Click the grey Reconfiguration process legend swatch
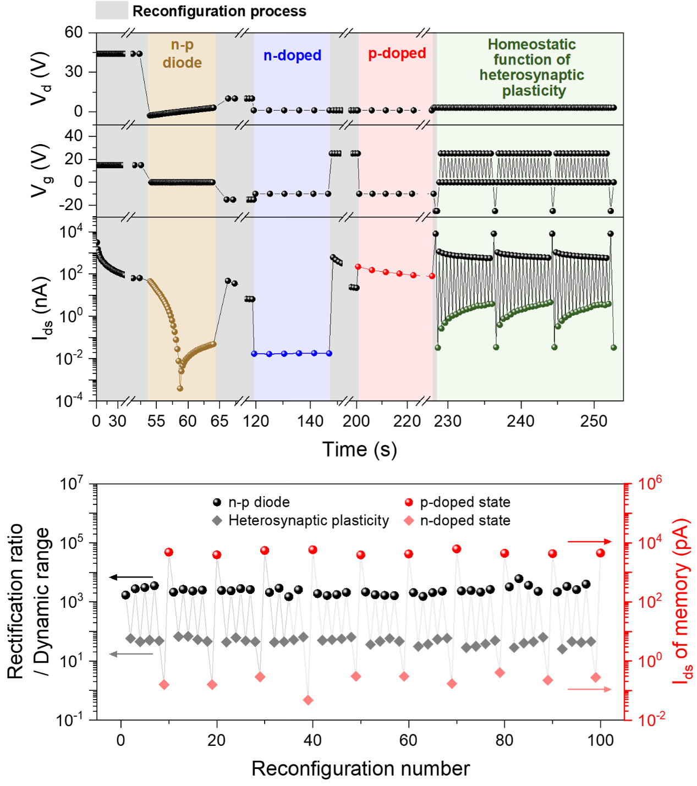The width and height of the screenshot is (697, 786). coord(112,10)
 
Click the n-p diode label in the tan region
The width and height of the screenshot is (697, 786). coord(182,54)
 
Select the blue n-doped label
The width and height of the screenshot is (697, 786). coord(292,56)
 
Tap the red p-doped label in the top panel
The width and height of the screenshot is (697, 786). coord(397,53)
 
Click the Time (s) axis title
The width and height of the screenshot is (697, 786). coord(359,449)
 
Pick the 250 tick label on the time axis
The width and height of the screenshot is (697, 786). coord(594,421)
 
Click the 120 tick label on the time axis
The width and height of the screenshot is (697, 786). coord(256,421)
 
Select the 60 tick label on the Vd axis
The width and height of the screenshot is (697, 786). coord(73,32)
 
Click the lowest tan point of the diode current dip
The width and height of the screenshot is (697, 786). coord(180,388)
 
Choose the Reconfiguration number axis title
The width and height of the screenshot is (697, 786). coord(360,768)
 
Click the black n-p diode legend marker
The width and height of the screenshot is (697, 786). coord(217,502)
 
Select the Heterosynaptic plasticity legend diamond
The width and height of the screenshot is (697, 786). coord(217,520)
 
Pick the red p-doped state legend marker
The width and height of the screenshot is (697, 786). coord(409,502)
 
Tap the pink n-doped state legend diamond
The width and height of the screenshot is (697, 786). coord(409,520)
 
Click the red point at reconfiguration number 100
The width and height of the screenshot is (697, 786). coord(600,553)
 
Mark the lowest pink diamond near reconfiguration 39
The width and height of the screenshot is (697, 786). coord(308,700)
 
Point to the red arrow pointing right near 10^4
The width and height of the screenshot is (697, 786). coord(589,542)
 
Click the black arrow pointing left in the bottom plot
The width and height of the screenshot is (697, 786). coord(131,577)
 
